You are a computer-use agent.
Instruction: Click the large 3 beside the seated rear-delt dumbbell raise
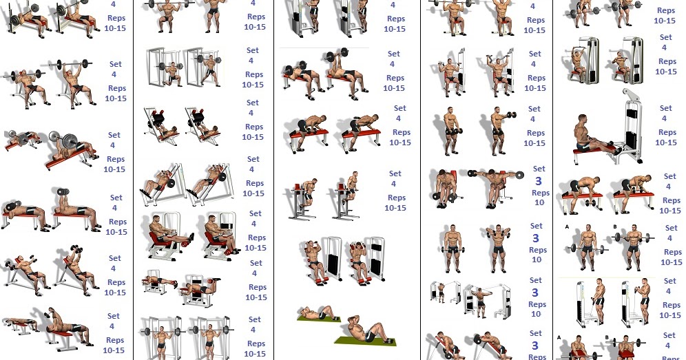[539, 181]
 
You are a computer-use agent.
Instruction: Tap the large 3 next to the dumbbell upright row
[536, 238]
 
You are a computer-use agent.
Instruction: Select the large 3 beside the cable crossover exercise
[535, 293]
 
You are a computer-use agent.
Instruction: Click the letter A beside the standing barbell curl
[568, 226]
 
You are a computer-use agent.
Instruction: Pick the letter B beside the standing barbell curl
[614, 226]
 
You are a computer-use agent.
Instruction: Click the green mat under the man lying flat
[318, 319]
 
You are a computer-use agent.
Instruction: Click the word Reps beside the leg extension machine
[257, 237]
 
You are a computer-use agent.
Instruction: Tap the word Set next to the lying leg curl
[256, 263]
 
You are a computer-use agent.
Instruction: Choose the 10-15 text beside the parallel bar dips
[395, 208]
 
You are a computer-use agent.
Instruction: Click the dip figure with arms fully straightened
[352, 188]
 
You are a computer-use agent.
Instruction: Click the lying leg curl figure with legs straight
[160, 282]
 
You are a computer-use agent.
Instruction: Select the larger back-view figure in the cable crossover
[481, 299]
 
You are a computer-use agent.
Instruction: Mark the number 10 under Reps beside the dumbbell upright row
[537, 260]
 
